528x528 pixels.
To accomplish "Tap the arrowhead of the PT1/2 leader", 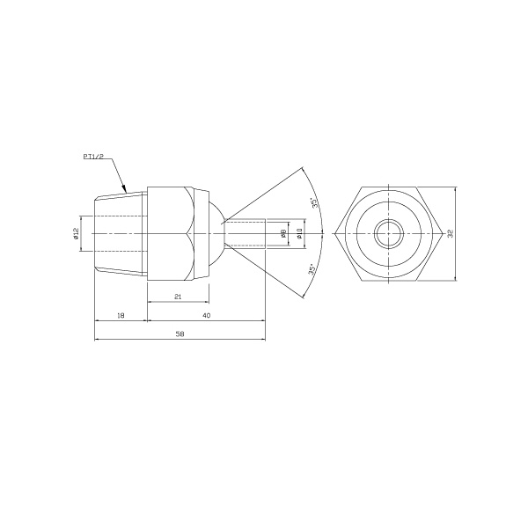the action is tap(124, 188).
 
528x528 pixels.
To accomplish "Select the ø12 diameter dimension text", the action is tap(76, 233).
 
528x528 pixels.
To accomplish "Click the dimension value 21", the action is tap(178, 297).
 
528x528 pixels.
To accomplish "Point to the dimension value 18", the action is tap(121, 316).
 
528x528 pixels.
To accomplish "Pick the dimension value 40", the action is tap(207, 316).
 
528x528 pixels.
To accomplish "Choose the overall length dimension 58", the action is tap(180, 334).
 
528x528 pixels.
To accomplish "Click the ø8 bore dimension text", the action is tap(283, 233).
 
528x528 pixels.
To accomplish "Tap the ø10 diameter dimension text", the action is tap(300, 233).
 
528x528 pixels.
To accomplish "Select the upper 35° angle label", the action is tap(315, 203).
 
